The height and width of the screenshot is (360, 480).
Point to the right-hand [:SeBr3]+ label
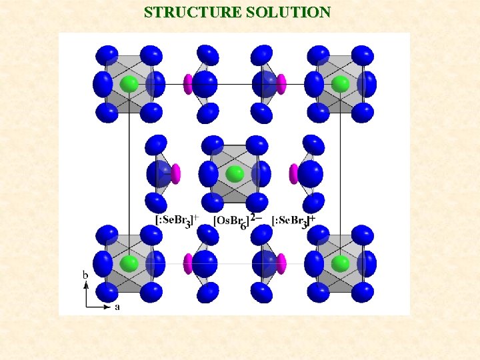click(293, 220)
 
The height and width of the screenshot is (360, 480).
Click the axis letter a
click(118, 307)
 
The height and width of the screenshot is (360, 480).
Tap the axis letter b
click(85, 274)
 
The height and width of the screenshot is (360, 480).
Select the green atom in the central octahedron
click(235, 175)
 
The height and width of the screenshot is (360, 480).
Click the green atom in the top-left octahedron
click(129, 84)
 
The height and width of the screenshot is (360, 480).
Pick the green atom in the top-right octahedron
click(340, 84)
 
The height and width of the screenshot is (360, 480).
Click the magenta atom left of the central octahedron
click(176, 174)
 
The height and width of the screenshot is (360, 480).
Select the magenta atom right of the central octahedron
click(293, 174)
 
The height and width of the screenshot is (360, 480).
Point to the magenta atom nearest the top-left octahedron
click(188, 84)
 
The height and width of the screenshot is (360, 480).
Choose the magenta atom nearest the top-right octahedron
click(281, 84)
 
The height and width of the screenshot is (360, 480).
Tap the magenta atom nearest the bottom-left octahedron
click(188, 263)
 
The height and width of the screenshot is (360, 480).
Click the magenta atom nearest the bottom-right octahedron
click(281, 263)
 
